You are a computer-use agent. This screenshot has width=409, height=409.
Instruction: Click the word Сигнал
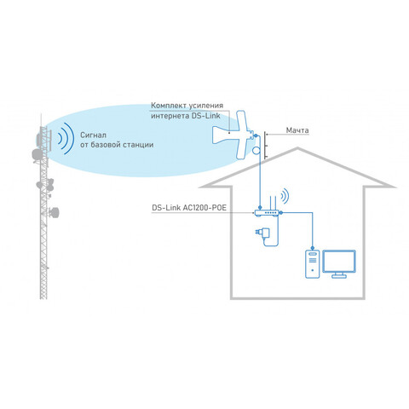point(93,135)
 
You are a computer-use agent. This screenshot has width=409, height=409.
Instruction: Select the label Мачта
point(297,130)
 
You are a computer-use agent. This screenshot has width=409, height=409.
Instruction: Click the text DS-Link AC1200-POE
point(189,208)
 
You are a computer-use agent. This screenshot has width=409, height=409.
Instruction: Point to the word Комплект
point(167,106)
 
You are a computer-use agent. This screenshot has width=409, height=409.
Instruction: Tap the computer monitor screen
point(339,262)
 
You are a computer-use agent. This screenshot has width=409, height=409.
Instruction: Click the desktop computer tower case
point(313,264)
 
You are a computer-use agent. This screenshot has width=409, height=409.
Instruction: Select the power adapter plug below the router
point(263,233)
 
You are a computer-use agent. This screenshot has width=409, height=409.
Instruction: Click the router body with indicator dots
point(267,213)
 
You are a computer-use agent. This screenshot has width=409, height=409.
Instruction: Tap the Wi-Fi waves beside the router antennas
point(285,195)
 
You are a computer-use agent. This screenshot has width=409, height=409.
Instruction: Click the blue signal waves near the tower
point(66,138)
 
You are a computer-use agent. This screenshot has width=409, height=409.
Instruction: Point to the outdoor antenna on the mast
point(233,135)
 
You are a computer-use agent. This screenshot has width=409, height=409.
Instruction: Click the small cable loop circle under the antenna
point(256,150)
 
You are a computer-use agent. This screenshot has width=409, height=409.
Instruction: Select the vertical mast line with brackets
point(265,145)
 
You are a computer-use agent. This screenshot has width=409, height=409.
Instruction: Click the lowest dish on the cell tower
point(54,212)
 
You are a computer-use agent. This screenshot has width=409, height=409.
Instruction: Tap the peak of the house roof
point(297,147)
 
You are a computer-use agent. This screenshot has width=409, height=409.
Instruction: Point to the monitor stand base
point(339,276)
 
